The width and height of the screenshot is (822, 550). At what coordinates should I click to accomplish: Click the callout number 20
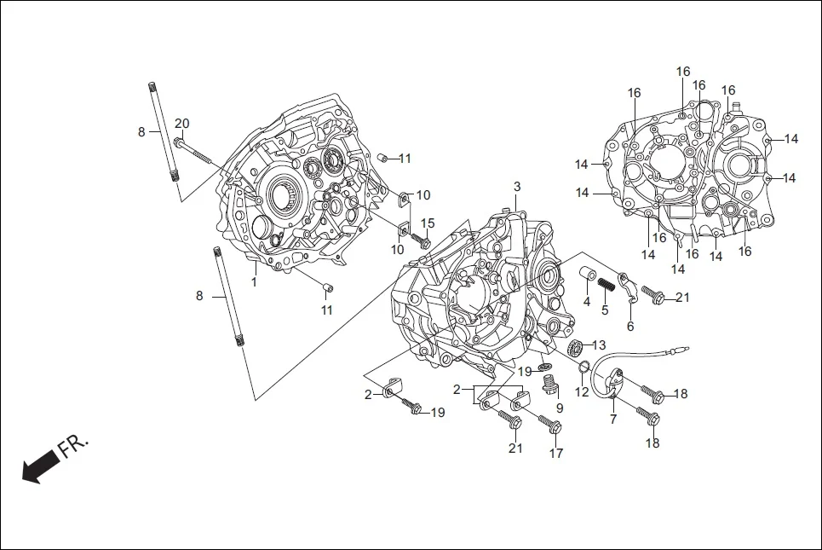click(x=181, y=123)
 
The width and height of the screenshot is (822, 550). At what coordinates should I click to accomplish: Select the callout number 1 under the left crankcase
click(x=253, y=281)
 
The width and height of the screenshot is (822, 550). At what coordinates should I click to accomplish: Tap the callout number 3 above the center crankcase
click(x=516, y=187)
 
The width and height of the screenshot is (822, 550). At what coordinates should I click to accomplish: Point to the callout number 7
click(x=612, y=420)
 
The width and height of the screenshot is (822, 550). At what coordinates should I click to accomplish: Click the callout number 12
click(x=581, y=392)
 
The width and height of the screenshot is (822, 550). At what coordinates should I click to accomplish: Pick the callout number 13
click(x=599, y=344)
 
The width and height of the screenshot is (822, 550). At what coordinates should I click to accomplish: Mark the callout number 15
click(x=428, y=223)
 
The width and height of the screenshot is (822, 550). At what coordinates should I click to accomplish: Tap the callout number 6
click(x=630, y=326)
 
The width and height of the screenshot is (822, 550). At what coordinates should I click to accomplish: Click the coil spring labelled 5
click(x=606, y=284)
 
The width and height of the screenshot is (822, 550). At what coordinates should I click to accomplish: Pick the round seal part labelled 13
click(x=574, y=346)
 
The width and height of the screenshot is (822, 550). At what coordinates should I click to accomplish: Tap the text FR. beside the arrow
click(x=73, y=446)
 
